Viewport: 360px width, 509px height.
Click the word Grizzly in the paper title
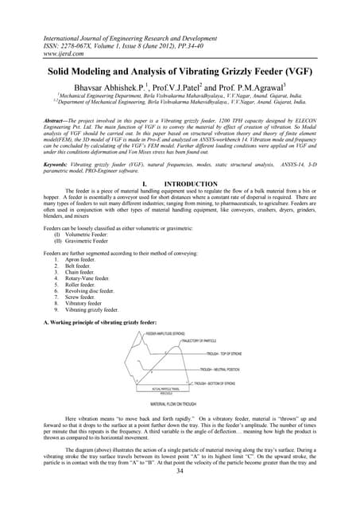tap(254, 72)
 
